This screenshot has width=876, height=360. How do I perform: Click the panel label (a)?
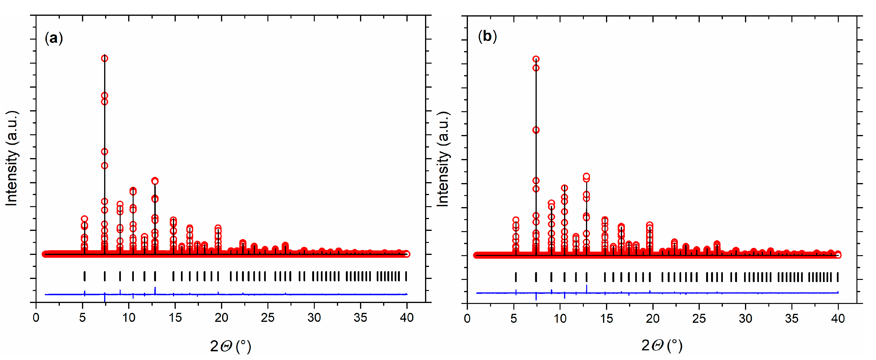point(54,38)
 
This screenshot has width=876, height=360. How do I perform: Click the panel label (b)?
point(487,36)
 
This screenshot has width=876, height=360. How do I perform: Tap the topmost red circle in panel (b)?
point(536,59)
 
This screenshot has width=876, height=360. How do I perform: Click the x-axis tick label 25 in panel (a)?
point(268,318)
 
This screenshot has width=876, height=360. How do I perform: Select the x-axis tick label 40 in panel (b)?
point(838,319)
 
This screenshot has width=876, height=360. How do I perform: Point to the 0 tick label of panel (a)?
point(36,318)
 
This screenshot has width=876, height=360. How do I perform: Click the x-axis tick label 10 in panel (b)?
point(560,319)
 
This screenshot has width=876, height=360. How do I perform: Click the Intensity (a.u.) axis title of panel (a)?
point(12,158)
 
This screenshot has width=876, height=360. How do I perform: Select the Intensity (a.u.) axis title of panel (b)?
point(443,159)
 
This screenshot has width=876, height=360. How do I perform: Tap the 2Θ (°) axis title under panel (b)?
point(662,345)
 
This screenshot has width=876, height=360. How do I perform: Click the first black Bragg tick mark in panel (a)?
point(84,276)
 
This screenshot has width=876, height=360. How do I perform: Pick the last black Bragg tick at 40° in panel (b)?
point(838,277)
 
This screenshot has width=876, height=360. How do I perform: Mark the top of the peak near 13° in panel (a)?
point(155,181)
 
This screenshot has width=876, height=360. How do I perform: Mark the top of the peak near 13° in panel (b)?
point(586,176)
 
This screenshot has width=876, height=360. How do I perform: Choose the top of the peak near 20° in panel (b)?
point(650,225)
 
